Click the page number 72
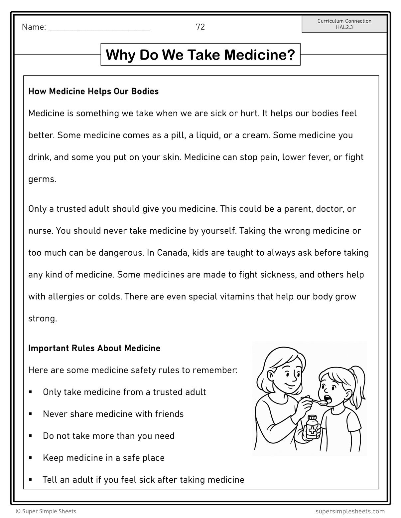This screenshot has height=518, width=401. (x=200, y=27)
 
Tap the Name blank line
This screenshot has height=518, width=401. (x=99, y=28)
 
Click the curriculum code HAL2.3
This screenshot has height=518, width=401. (x=344, y=27)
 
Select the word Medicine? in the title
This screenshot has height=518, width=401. (x=260, y=55)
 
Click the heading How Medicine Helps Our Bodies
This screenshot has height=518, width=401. (x=93, y=91)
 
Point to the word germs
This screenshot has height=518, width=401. (x=42, y=179)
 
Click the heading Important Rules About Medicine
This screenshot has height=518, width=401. (x=94, y=348)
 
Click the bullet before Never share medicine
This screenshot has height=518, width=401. (x=30, y=414)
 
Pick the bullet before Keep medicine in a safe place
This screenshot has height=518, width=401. (x=30, y=458)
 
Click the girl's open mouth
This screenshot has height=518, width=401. (x=329, y=398)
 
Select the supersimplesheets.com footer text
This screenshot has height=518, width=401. (x=350, y=511)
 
